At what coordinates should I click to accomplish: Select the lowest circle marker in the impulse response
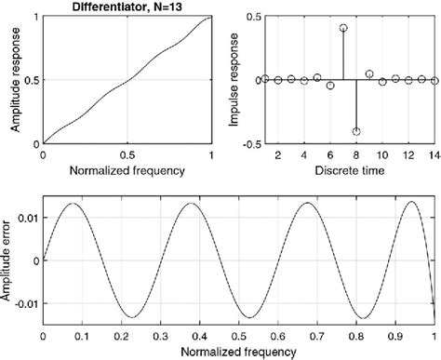pyautogui.click(x=356, y=131)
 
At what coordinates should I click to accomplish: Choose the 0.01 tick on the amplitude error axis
pyautogui.click(x=27, y=216)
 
